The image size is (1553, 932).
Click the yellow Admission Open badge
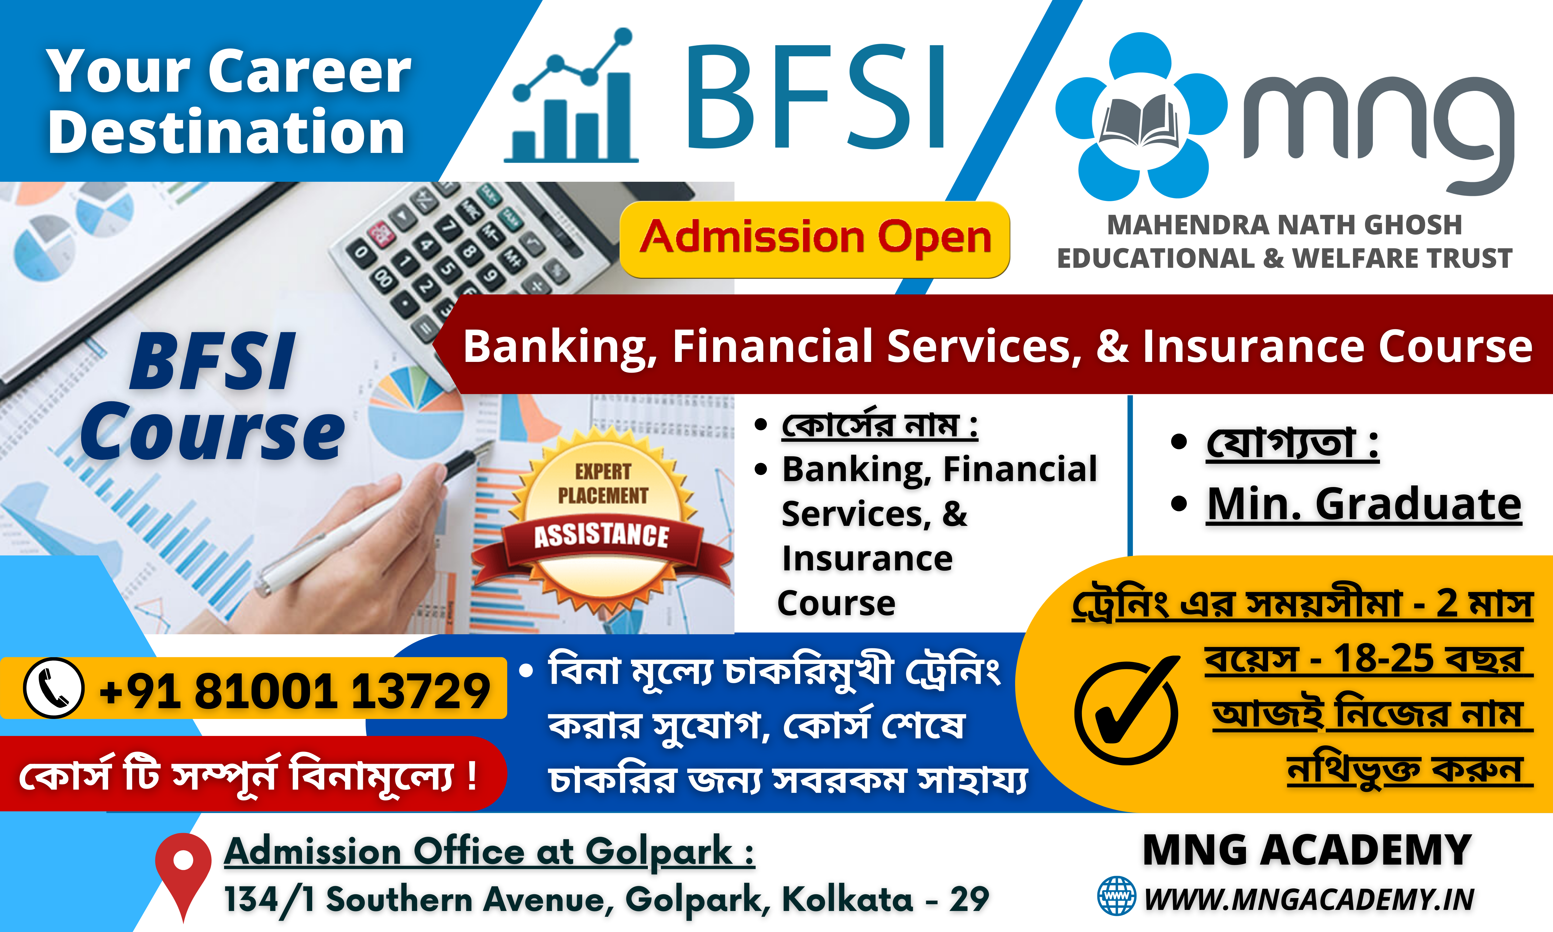(x=814, y=239)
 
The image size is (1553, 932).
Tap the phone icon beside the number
(x=53, y=688)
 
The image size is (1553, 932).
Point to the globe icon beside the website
(x=1116, y=896)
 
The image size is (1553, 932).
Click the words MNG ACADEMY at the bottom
(x=1307, y=850)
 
